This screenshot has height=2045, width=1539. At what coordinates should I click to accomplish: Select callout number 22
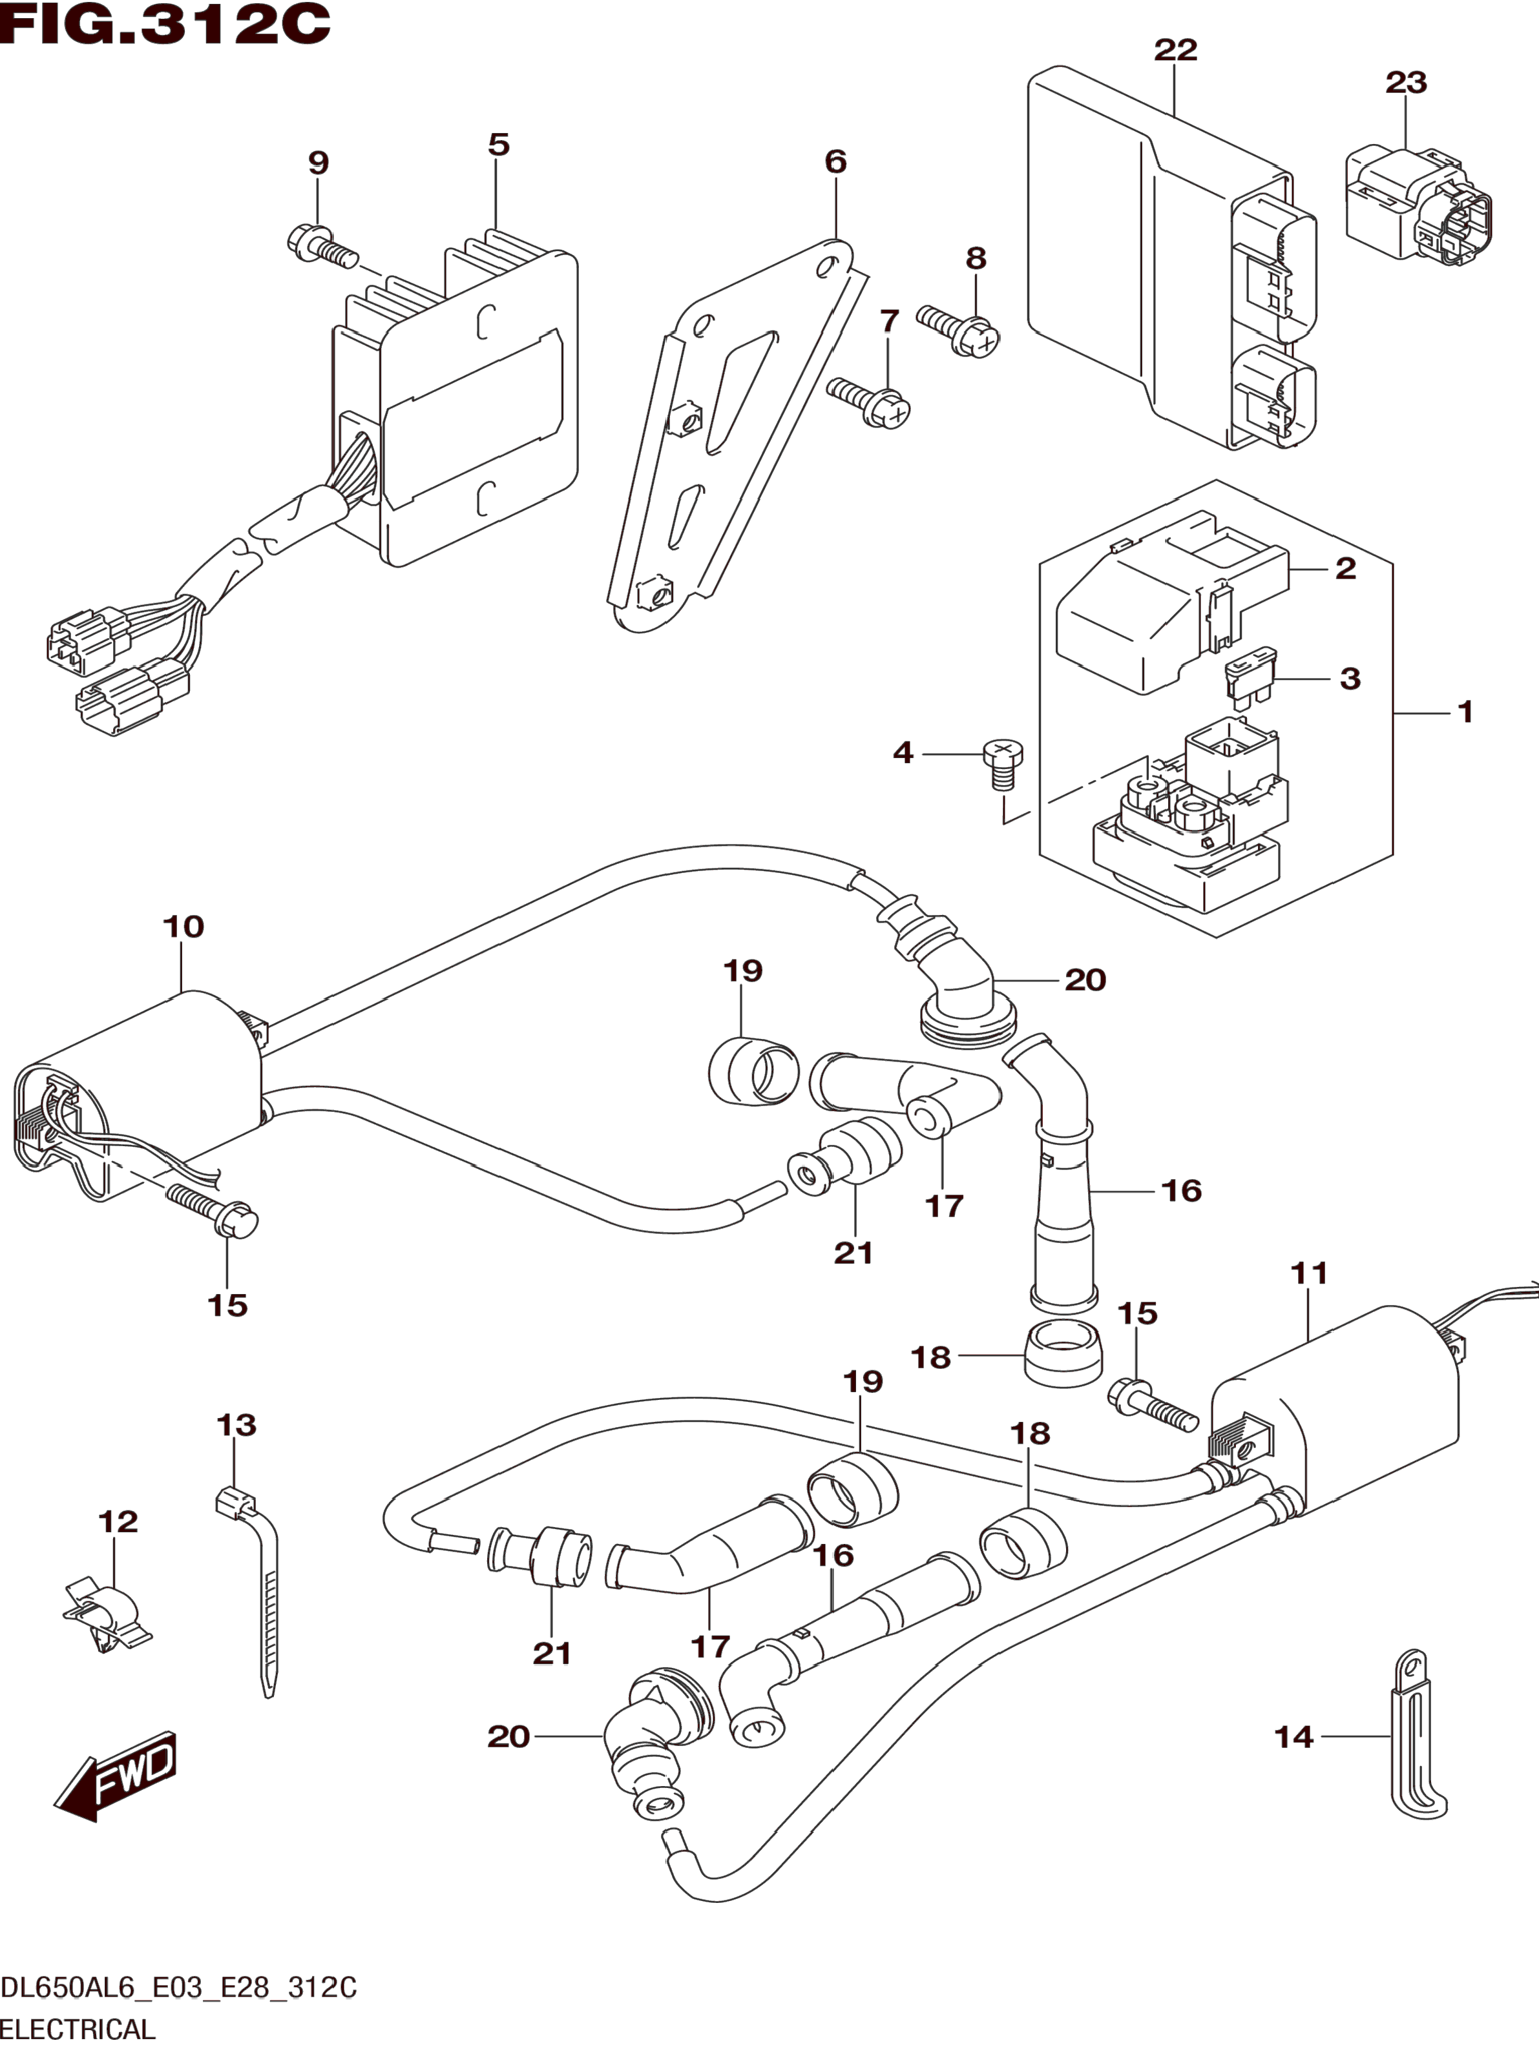click(x=1175, y=50)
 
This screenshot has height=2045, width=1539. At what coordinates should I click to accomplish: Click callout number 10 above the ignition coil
click(x=183, y=927)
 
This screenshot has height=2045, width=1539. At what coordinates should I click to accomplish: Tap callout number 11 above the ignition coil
click(x=1309, y=1274)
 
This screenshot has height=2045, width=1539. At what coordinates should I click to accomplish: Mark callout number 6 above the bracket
click(x=835, y=162)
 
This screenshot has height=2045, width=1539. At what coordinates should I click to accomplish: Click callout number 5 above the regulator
click(x=499, y=144)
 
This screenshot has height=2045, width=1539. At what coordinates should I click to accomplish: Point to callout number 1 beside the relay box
click(x=1464, y=711)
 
